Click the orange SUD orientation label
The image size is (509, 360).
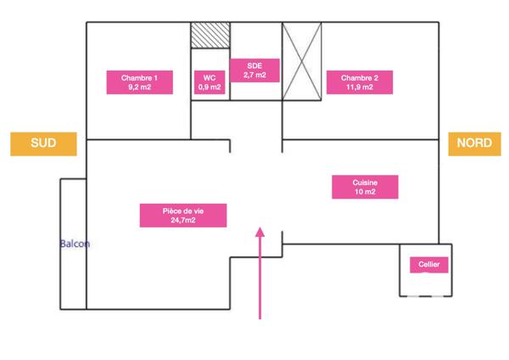tap(43, 144)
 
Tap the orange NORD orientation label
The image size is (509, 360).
tap(474, 144)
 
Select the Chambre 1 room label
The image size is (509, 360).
tap(140, 82)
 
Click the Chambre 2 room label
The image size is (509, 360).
tap(360, 82)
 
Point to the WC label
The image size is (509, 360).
tap(210, 82)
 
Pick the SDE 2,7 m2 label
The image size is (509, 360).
tap(255, 70)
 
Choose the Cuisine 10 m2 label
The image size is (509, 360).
tap(365, 187)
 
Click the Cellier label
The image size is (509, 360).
tap(429, 265)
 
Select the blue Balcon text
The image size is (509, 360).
tap(75, 244)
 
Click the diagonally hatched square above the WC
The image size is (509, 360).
tap(210, 36)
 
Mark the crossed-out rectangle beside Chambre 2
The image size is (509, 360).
tap(302, 61)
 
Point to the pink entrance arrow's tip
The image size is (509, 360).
tap(260, 228)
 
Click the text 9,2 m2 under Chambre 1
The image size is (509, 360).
tap(140, 87)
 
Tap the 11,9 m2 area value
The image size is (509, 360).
tap(360, 87)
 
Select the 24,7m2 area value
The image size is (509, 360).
tap(183, 220)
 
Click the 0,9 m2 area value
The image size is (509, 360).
tap(210, 87)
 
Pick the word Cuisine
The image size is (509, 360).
tap(365, 183)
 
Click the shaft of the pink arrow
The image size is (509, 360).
tap(260, 278)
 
